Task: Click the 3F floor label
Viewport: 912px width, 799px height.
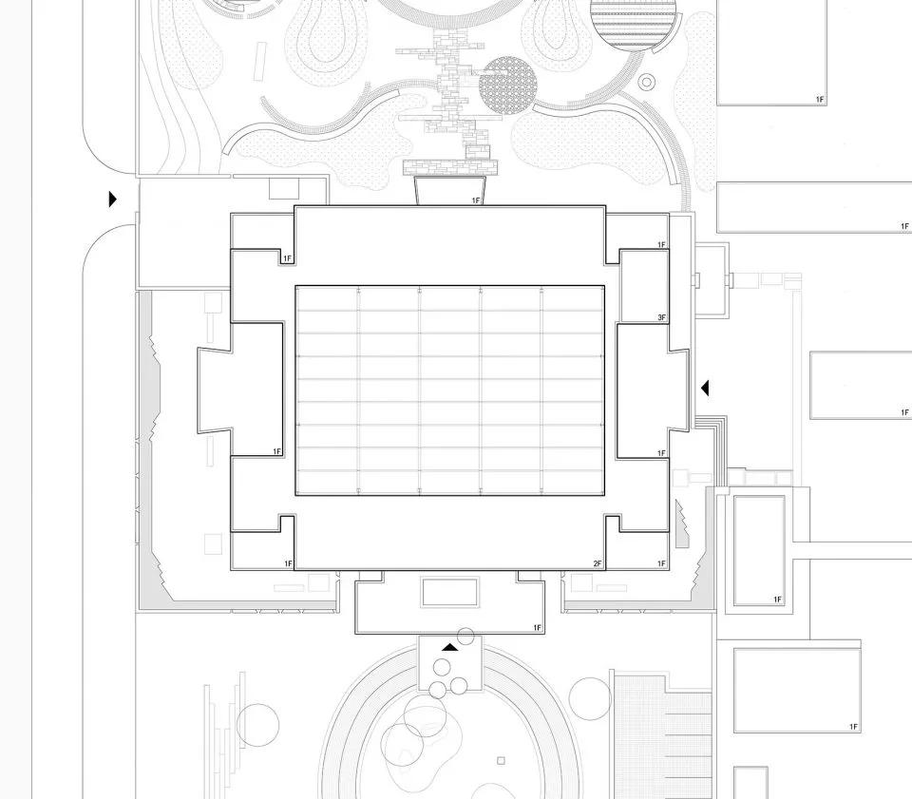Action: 661,316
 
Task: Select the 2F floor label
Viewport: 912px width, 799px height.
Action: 598,564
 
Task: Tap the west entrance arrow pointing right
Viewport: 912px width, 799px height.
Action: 112,200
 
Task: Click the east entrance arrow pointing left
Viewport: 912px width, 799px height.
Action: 704,388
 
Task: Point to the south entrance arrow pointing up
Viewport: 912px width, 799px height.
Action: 448,647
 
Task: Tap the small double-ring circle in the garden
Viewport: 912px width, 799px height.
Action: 648,83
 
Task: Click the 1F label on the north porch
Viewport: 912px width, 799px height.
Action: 477,200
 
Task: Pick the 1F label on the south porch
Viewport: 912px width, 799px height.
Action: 537,628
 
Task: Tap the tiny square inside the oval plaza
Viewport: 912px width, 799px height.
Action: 501,760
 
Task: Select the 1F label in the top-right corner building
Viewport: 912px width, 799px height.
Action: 819,99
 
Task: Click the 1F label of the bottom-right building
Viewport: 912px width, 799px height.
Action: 853,727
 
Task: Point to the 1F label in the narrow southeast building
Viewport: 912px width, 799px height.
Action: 777,599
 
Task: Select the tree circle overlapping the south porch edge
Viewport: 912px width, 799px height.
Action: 465,637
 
